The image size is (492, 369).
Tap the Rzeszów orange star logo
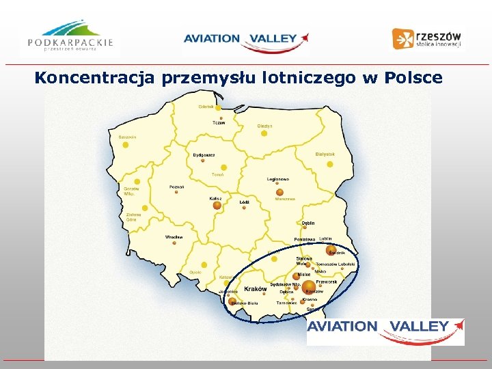(x=402, y=38)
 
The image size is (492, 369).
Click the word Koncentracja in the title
(x=96, y=78)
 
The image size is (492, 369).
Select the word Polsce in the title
(x=413, y=78)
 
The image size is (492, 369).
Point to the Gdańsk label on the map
(x=206, y=107)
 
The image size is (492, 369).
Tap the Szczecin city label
(x=128, y=137)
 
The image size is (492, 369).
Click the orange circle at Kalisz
(x=217, y=205)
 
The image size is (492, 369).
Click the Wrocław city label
(x=174, y=237)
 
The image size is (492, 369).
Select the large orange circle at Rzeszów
(x=309, y=286)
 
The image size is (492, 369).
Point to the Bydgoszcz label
(x=204, y=155)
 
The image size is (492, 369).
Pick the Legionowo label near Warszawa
(x=278, y=179)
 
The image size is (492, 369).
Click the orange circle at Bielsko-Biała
(x=232, y=301)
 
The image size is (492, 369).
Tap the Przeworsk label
(x=326, y=282)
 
